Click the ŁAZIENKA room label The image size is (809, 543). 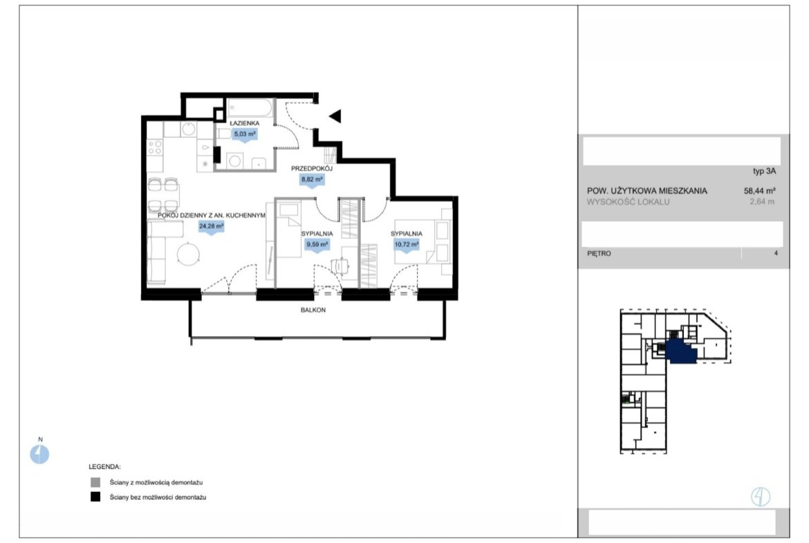tap(245, 123)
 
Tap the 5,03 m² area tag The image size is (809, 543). tap(245, 134)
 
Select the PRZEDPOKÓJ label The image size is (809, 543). tap(312, 169)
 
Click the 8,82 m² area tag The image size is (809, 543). tap(312, 180)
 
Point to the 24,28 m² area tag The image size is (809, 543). tap(212, 227)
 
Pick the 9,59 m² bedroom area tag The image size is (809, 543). tap(317, 245)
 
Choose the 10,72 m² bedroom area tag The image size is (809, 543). tap(407, 245)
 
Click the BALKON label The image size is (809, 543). tap(313, 310)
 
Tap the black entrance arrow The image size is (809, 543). tap(335, 116)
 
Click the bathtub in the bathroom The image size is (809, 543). tap(250, 109)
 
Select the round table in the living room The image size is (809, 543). tap(189, 254)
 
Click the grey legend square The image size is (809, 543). tap(95, 483)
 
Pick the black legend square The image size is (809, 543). tap(95, 497)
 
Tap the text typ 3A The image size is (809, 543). tap(765, 172)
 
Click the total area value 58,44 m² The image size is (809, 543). tap(760, 191)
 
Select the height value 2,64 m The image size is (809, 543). tap(762, 202)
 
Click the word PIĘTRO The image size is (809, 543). tap(599, 253)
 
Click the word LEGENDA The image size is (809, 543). tap(104, 467)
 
